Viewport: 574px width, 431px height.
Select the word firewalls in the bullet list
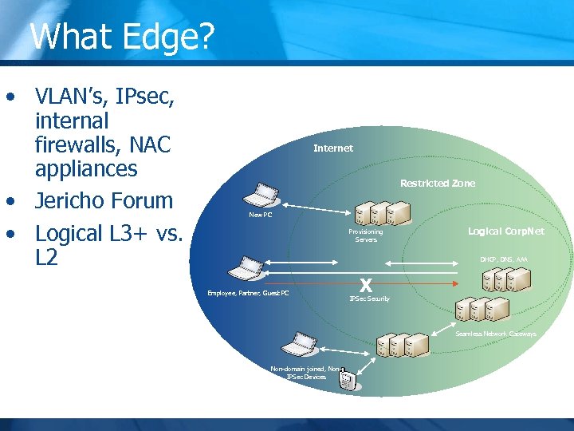85,145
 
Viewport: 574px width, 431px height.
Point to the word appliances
86,169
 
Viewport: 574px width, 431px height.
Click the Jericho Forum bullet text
104,201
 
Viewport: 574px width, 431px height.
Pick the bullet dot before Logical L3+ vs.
10,235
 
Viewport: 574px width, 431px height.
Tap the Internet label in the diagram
333,148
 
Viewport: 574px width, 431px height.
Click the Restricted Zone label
437,184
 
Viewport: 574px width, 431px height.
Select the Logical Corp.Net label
505,231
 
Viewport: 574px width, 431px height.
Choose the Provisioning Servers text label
366,235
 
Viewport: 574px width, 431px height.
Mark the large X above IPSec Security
366,285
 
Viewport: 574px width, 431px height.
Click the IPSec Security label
370,299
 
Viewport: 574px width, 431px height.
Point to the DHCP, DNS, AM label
503,259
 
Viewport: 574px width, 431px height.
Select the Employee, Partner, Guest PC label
248,293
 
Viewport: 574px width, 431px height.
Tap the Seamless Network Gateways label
496,334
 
